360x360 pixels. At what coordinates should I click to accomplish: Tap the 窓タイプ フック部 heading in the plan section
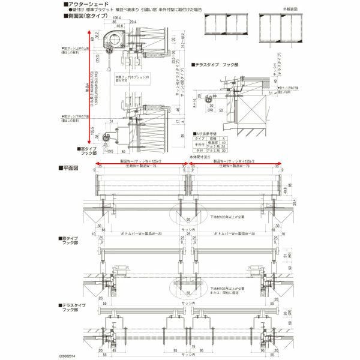pos(70,240)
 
